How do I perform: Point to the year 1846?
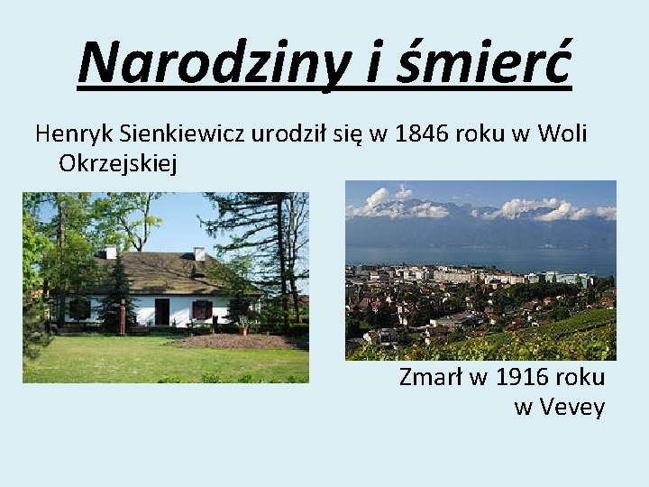[424, 134]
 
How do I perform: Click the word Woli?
[562, 134]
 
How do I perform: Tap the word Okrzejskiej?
[118, 163]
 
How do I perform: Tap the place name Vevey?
[572, 407]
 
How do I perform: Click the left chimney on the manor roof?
[111, 252]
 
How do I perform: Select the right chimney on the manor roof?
[199, 253]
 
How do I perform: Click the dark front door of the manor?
[162, 311]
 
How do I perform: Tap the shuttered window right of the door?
[201, 309]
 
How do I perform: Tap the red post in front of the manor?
[122, 317]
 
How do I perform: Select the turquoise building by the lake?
[551, 277]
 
